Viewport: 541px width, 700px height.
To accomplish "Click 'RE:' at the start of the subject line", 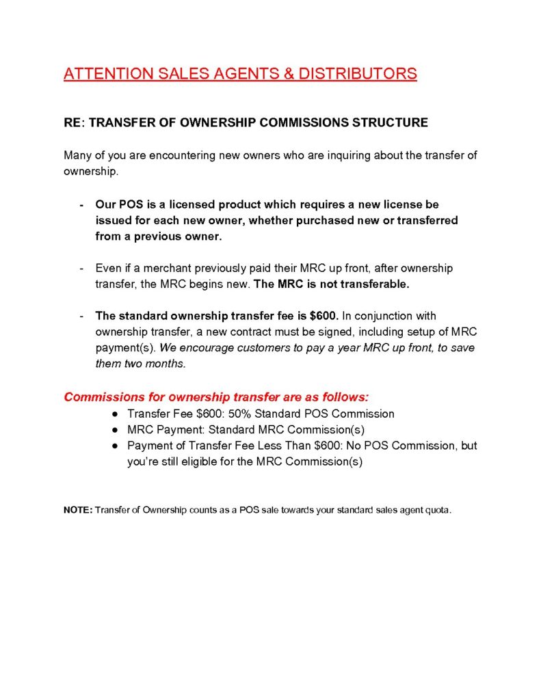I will (x=74, y=123).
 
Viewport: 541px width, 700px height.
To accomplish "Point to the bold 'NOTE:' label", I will (x=78, y=510).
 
